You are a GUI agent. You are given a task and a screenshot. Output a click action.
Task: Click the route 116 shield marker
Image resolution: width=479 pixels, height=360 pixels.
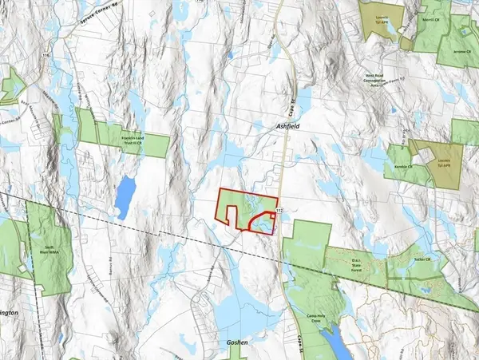click(47, 55)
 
